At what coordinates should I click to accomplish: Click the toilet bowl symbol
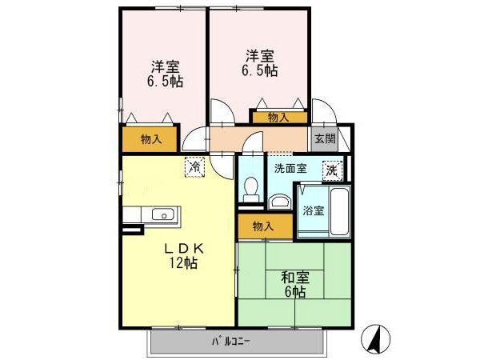click(250, 188)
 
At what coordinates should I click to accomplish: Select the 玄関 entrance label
click(324, 138)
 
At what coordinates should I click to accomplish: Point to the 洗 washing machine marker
click(330, 170)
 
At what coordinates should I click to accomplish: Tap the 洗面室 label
click(290, 168)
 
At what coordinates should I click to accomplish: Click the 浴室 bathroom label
click(314, 212)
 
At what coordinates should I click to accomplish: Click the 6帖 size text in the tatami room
click(295, 292)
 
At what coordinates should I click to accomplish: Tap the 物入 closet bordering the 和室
click(262, 226)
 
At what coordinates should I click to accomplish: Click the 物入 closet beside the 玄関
click(278, 118)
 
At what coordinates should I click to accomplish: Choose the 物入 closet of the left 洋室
click(150, 139)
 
